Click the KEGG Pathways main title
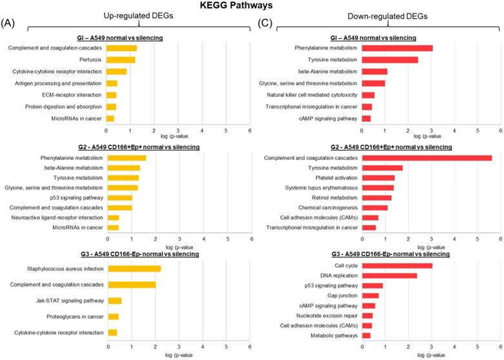click(x=251, y=6)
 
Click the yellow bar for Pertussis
click(x=121, y=59)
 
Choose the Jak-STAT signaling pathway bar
click(x=114, y=301)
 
